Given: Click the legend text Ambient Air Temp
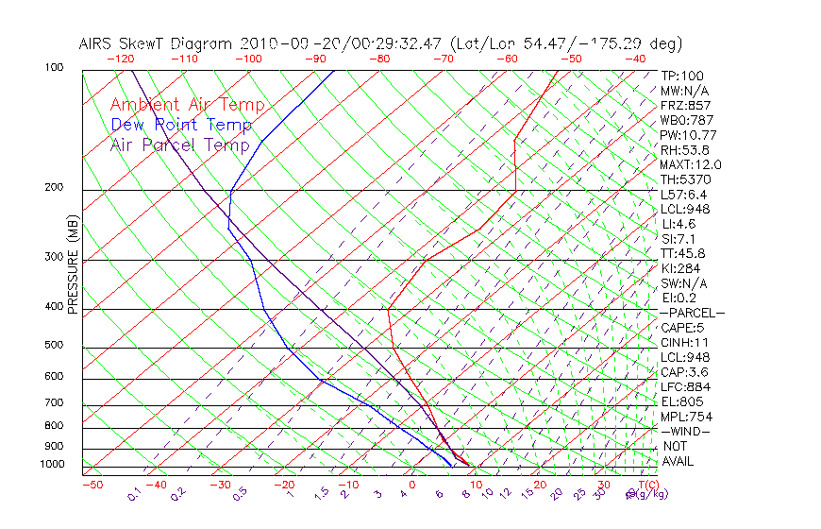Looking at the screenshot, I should click(x=187, y=105).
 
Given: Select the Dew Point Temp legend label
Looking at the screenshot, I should click(x=181, y=125).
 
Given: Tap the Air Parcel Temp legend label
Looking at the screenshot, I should click(x=179, y=145).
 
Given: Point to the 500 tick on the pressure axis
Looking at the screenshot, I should click(x=53, y=346).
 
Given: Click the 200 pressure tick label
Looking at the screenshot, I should click(x=53, y=188).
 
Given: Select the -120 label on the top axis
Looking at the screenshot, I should click(x=120, y=59).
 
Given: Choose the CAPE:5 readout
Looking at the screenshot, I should click(x=682, y=328).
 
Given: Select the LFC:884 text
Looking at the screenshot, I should click(x=686, y=387).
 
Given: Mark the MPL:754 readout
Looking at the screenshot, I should click(x=686, y=417).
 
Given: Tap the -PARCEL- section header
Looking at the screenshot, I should click(x=693, y=313).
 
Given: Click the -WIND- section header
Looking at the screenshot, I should click(x=686, y=432).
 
